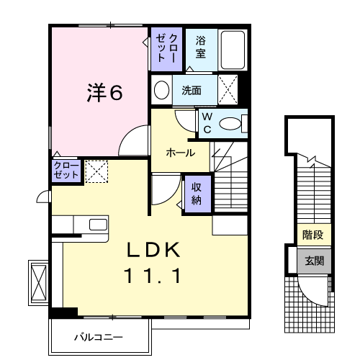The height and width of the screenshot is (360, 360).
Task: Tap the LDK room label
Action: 152,251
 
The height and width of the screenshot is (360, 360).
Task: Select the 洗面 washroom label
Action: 191,91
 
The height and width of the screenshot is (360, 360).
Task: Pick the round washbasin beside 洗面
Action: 162,90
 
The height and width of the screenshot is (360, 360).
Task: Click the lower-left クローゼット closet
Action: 65,171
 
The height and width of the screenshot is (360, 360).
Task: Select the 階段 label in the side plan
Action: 312,235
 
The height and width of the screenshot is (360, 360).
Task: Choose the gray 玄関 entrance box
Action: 312,260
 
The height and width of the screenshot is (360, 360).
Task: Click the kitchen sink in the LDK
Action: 97,224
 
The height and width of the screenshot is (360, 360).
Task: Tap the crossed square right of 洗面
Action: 229,90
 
